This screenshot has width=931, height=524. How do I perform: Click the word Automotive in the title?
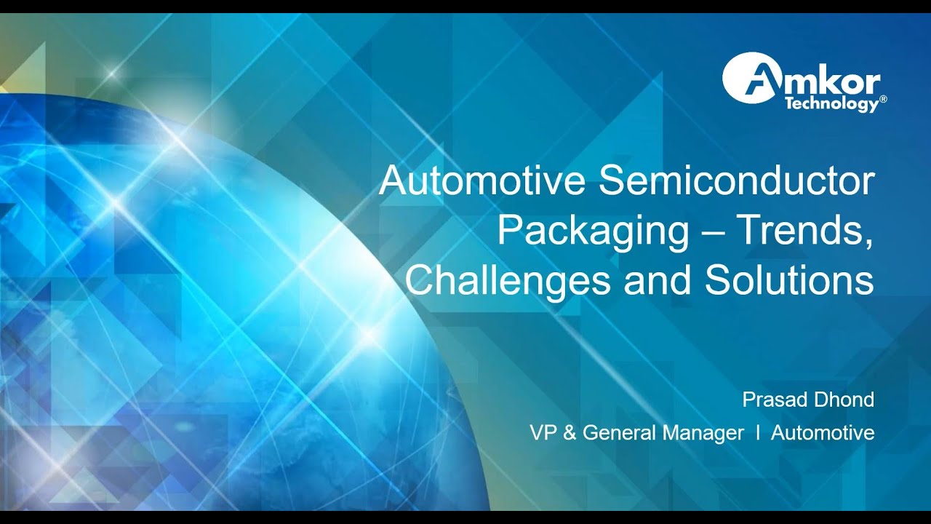482,182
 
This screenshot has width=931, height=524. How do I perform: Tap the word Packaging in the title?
593,231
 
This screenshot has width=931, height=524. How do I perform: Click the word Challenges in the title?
507,281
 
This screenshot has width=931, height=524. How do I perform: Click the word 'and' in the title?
658,281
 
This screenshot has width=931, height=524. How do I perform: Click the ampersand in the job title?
570,433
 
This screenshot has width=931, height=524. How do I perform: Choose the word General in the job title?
618,433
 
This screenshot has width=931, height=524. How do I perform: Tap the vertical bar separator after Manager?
758,433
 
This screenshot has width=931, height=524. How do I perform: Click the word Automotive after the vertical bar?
823,433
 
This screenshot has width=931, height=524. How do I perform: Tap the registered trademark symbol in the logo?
883,99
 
